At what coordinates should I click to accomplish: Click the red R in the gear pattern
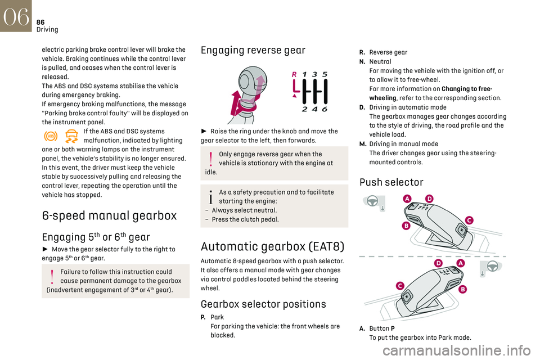pos(294,74)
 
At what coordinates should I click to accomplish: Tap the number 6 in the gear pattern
pos(325,109)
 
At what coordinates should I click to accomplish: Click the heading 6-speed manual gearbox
pos(109,215)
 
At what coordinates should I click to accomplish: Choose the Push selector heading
pos(390,182)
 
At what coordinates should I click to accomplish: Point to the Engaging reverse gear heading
pos(253,50)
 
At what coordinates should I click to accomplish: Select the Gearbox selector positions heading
pos(263,304)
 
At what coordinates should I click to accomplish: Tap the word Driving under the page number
pos(47,29)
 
